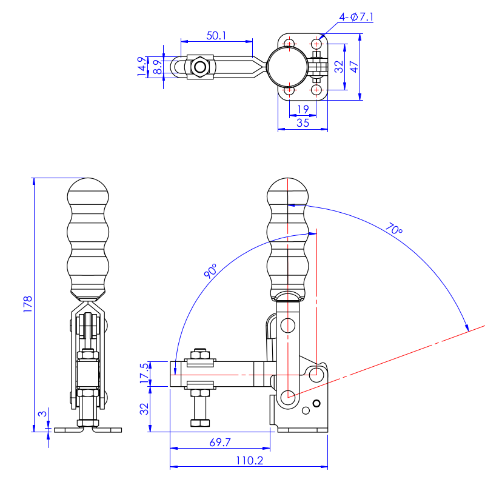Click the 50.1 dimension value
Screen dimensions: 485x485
point(216,35)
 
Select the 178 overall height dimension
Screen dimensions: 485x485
point(27,303)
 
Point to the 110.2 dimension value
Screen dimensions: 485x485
point(249,460)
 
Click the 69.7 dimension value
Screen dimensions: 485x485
point(219,442)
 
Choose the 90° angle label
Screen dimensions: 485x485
point(211,271)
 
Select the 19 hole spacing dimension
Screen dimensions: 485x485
point(303,109)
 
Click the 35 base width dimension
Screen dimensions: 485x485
point(303,122)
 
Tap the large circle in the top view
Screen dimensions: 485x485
point(289,66)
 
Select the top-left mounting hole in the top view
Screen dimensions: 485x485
point(289,44)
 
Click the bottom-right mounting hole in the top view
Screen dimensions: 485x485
point(316,90)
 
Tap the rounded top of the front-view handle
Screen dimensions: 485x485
point(89,188)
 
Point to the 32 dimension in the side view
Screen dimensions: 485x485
point(144,409)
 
